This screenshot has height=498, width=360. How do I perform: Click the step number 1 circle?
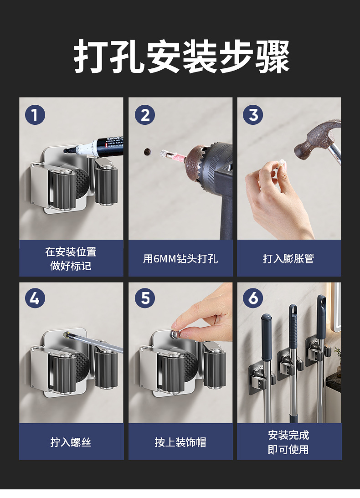35,115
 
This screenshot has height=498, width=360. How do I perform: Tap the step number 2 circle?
145,115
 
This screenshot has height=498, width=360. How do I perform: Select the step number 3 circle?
253,115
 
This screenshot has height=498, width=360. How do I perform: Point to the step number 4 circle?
35,298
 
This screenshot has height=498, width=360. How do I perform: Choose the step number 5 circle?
145,298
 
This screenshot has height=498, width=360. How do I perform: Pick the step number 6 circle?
253,298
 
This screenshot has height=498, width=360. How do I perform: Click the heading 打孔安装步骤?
182,56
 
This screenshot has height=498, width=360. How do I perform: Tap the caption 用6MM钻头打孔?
180,258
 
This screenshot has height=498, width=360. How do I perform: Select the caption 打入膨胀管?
288,258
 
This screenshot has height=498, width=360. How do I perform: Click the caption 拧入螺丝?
71,442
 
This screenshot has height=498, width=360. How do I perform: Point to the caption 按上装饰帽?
180,442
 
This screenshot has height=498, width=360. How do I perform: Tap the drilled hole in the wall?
147,152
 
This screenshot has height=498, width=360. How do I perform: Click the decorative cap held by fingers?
175,334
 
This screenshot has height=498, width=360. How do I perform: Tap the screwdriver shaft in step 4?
95,342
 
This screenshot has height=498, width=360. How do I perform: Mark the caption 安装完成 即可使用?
288,442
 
